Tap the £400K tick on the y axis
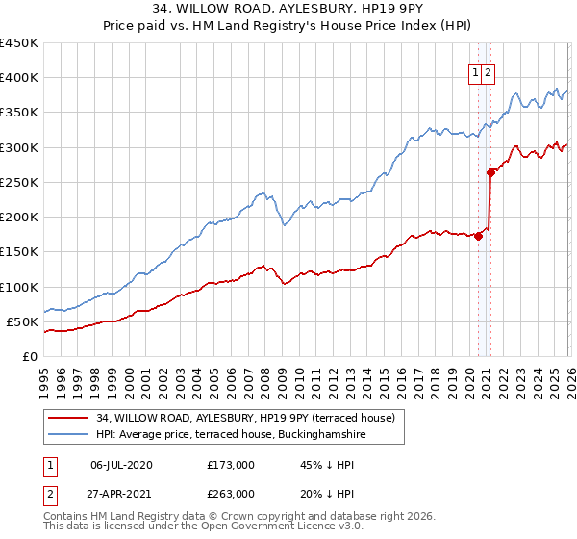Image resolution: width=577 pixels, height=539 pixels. [x=19, y=78]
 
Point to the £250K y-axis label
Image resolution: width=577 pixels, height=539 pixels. [x=19, y=182]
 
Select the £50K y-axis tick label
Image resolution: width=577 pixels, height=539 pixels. [x=23, y=321]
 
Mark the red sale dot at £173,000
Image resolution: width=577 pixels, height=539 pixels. [x=478, y=236]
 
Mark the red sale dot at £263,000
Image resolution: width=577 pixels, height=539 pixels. [x=491, y=173]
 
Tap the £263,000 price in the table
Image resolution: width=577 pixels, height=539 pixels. [x=231, y=493]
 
